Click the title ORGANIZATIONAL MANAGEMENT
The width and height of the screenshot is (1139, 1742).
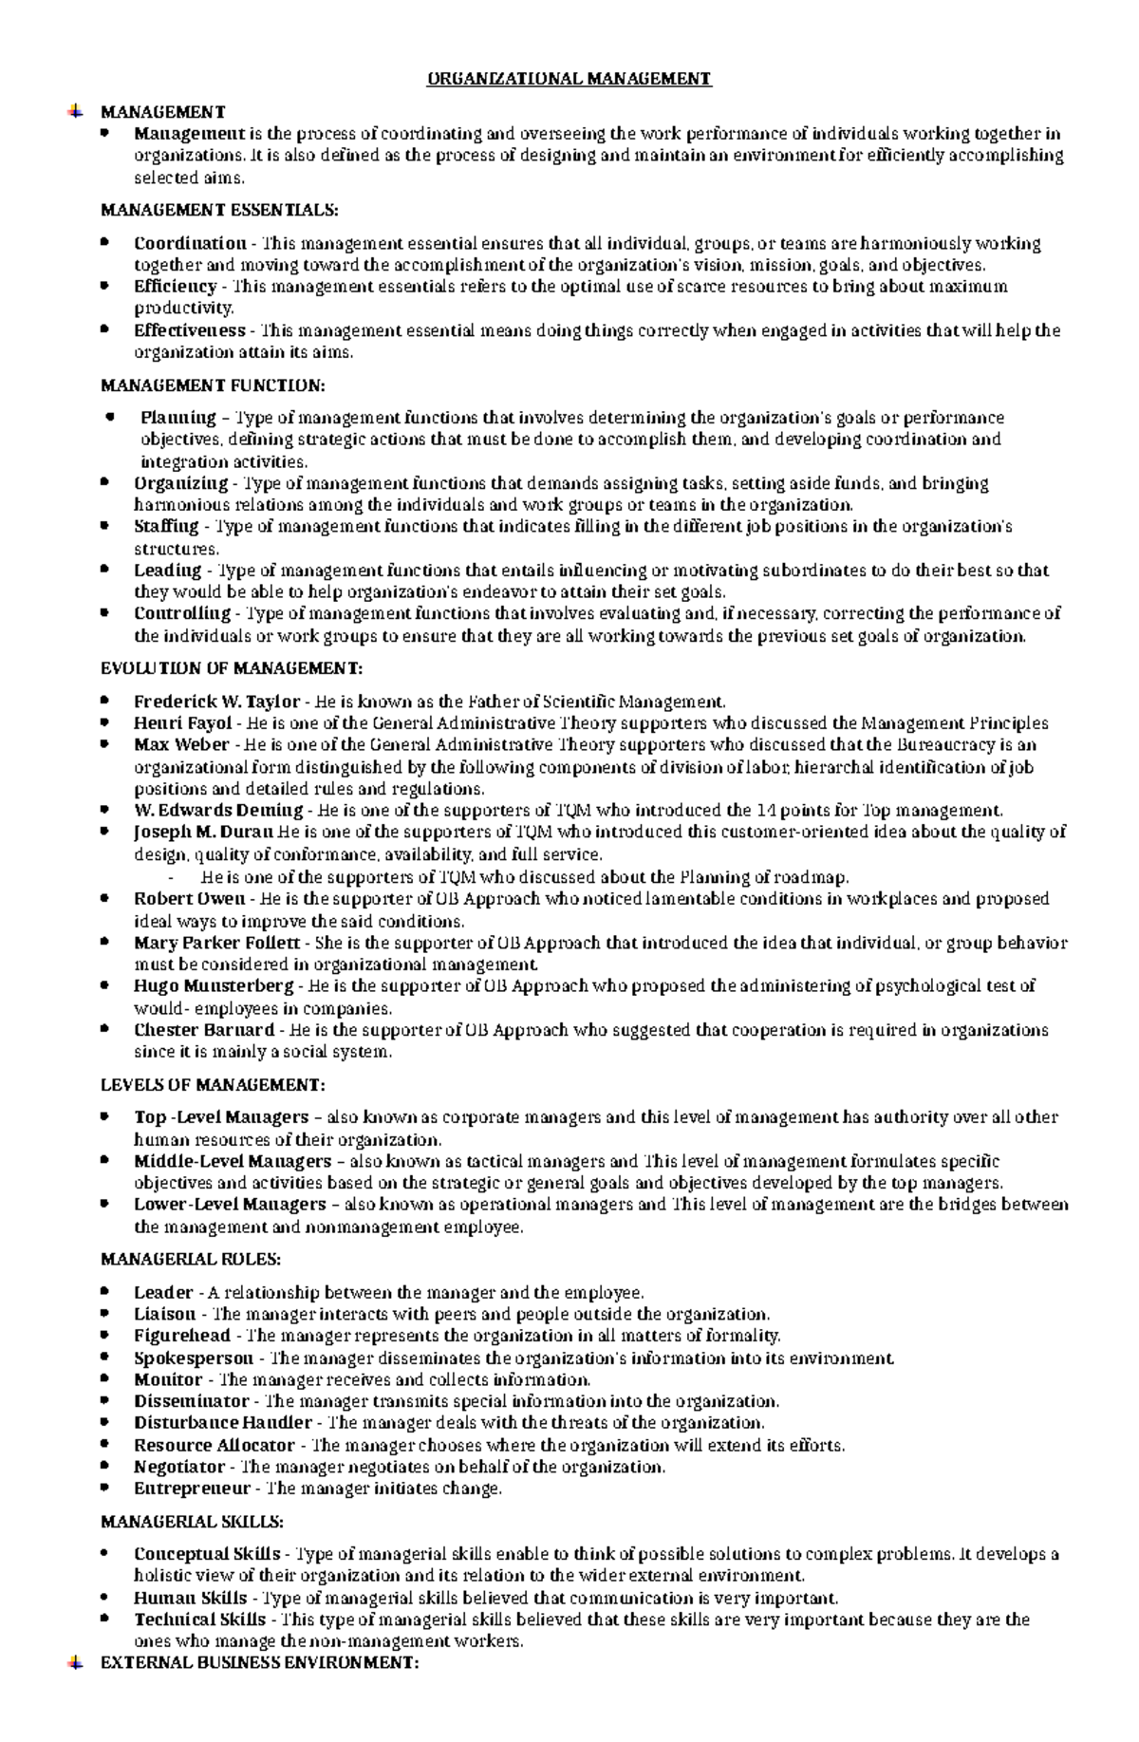pyautogui.click(x=569, y=79)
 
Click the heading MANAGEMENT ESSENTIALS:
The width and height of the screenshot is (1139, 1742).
pyautogui.click(x=218, y=210)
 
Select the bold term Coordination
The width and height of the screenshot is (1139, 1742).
pyautogui.click(x=190, y=243)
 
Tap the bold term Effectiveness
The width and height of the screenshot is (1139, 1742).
pyautogui.click(x=189, y=330)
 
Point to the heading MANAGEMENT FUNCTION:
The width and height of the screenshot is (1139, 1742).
pyautogui.click(x=213, y=385)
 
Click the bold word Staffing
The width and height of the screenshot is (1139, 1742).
pyautogui.click(x=166, y=526)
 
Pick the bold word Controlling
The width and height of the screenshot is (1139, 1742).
pyautogui.click(x=182, y=613)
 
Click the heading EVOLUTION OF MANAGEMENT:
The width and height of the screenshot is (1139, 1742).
pyautogui.click(x=232, y=668)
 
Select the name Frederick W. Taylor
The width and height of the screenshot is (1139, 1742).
pyautogui.click(x=216, y=702)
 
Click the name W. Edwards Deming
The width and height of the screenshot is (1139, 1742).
pyautogui.click(x=218, y=811)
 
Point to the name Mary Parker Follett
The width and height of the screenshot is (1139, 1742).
pyautogui.click(x=216, y=944)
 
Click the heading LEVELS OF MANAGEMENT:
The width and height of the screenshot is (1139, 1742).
pyautogui.click(x=213, y=1084)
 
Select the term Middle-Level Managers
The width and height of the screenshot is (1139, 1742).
pyautogui.click(x=233, y=1161)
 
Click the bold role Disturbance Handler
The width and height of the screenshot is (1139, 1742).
pyautogui.click(x=222, y=1423)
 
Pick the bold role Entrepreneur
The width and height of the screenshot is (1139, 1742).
pyautogui.click(x=192, y=1489)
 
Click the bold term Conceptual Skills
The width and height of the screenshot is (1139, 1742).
pyautogui.click(x=207, y=1554)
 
